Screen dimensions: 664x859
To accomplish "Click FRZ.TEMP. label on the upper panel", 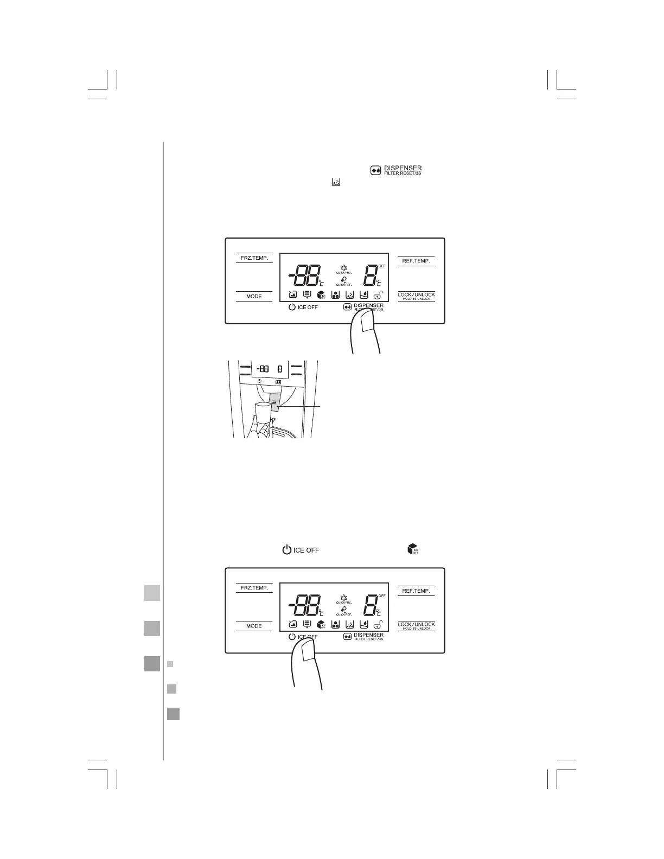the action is pos(254,258).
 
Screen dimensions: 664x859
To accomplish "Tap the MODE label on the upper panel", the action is pos(254,296).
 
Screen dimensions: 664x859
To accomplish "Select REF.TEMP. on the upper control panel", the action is pos(416,261).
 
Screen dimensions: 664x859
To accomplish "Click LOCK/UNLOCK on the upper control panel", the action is pos(416,295).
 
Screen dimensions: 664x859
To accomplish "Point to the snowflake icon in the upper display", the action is pos(343,268).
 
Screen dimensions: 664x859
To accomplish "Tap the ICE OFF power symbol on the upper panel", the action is pos(292,307).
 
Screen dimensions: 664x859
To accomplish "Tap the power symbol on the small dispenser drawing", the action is pos(260,381).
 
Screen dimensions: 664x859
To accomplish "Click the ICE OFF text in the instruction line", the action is pos(306,550).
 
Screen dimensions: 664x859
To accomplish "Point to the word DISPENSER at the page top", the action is pos(403,168).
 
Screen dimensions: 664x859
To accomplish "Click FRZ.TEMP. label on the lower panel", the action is pos(254,588).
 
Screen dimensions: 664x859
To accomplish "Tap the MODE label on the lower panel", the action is pos(254,626).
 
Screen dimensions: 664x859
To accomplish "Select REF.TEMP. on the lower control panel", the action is pos(416,591).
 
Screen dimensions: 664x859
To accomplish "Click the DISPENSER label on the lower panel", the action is pos(368,635).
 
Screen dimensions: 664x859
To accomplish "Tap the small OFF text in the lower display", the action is pos(382,595).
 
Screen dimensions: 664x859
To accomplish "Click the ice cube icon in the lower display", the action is pos(321,624).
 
